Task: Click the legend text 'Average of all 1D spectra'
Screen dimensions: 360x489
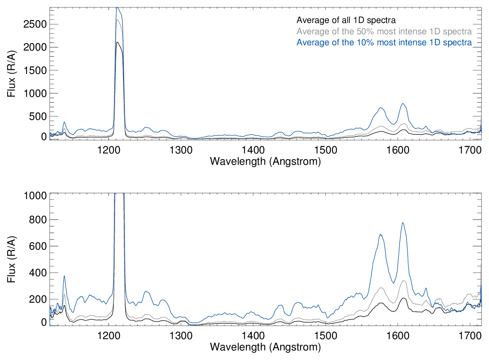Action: [346, 20]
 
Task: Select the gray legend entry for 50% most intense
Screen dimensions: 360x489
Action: [384, 31]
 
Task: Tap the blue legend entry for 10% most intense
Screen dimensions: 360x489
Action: [384, 42]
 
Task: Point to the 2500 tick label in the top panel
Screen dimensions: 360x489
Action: [35, 24]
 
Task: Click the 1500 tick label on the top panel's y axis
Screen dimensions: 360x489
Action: [35, 70]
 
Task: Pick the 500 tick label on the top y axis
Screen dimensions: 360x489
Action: [38, 116]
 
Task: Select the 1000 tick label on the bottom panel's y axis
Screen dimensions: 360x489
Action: [35, 196]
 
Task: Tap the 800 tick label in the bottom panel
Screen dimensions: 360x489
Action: [38, 220]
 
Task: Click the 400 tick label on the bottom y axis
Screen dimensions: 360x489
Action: [38, 273]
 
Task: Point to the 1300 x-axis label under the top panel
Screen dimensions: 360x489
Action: [181, 150]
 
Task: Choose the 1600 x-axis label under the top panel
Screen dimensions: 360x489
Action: [398, 150]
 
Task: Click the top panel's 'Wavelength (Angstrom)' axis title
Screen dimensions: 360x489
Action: [265, 161]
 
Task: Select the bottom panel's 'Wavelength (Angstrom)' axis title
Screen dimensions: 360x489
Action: [265, 347]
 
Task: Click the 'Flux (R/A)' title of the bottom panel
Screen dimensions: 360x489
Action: [11, 259]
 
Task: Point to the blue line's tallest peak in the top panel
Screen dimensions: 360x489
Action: [117, 8]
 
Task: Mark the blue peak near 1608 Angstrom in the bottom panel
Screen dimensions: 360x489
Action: [403, 223]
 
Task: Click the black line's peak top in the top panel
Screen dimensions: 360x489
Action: [117, 42]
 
